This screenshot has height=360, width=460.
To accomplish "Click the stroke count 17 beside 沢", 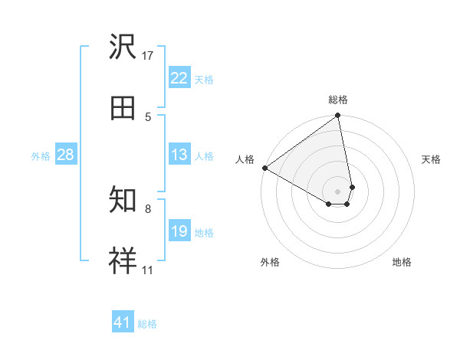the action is (x=148, y=55).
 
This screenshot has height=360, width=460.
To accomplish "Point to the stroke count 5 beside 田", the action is (x=148, y=116).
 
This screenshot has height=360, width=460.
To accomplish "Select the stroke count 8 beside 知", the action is (x=148, y=208).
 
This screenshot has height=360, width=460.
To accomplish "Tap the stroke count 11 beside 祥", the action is (x=148, y=270).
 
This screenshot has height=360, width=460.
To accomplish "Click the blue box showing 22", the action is (x=179, y=78).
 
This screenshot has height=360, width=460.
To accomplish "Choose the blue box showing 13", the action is (x=179, y=155).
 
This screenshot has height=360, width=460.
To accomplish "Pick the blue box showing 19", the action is (x=179, y=231).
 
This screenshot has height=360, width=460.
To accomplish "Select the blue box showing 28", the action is (x=66, y=155).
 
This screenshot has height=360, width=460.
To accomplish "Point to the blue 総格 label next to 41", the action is (x=147, y=324).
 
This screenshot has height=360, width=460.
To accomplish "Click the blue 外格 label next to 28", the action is (x=41, y=156).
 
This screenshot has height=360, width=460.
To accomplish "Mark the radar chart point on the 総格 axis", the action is (x=337, y=116).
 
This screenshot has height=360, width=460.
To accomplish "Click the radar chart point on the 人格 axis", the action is (x=264, y=168).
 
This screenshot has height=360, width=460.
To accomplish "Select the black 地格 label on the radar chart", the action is (x=402, y=263).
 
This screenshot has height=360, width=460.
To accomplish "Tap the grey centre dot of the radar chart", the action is (x=337, y=191).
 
